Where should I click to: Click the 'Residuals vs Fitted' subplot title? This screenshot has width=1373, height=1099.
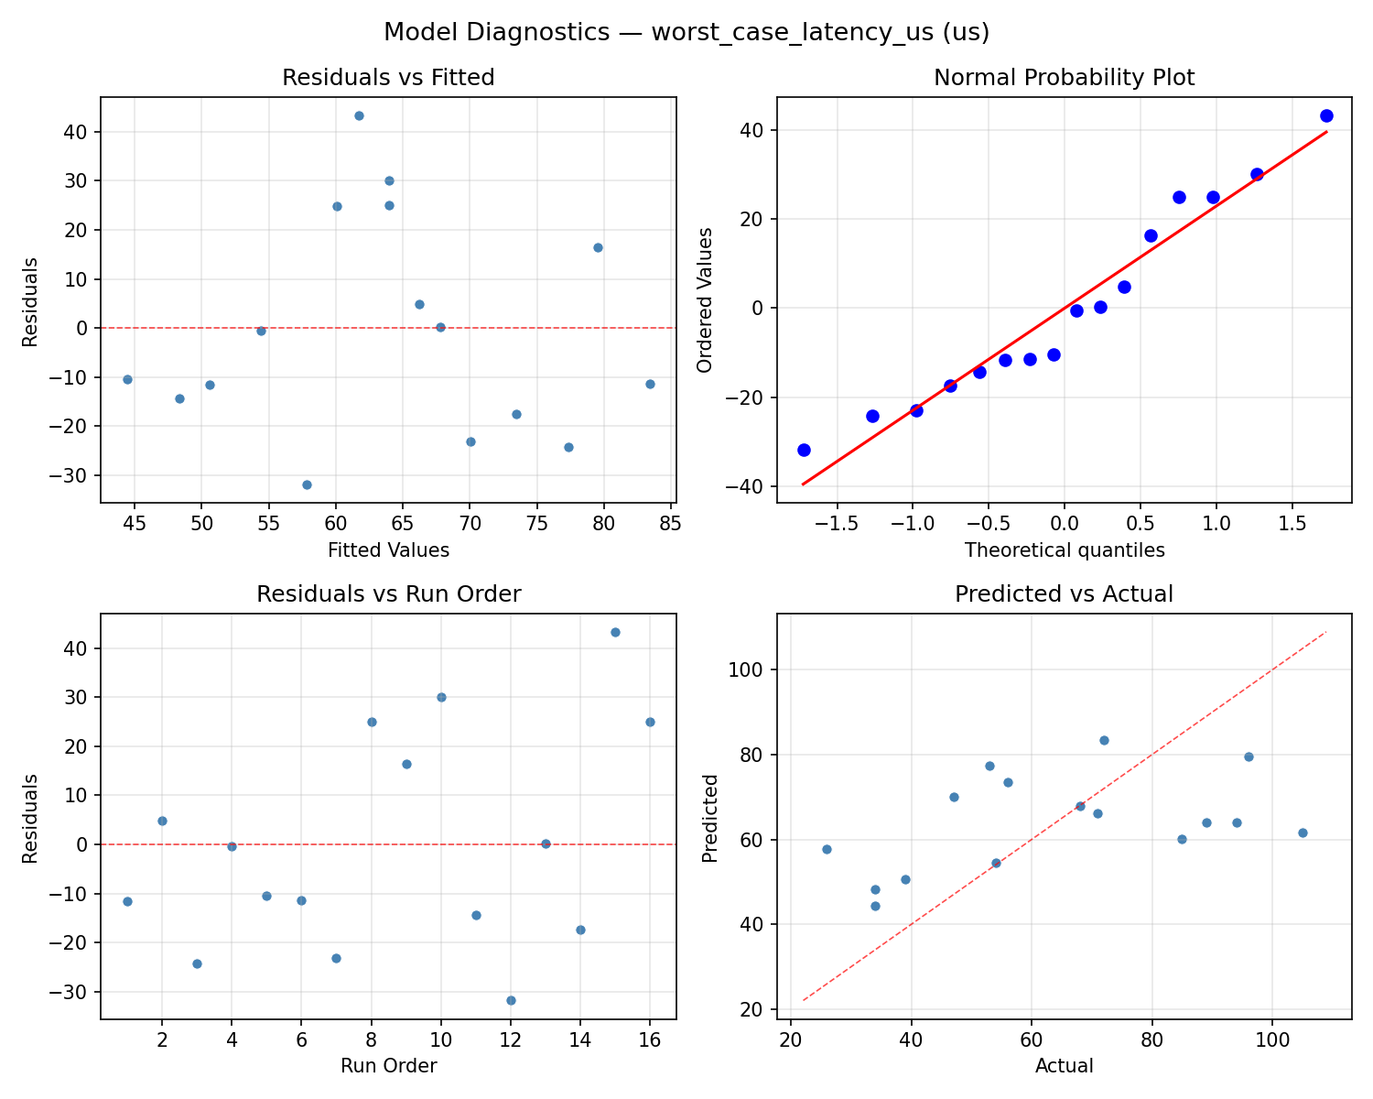(388, 78)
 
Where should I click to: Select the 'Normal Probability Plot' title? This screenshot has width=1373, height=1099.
(1064, 78)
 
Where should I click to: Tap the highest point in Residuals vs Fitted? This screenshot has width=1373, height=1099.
(359, 115)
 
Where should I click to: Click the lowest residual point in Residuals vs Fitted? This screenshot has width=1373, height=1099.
(307, 484)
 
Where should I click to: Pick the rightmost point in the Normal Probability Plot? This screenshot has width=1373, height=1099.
(1326, 115)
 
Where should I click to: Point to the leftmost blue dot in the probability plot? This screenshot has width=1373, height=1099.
(804, 450)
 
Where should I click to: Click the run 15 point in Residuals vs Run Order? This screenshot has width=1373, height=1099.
(615, 632)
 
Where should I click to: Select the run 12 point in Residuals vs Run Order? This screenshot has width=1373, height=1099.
(511, 1000)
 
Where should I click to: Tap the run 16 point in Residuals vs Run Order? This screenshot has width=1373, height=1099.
(650, 722)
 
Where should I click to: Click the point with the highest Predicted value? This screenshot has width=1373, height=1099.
(1104, 740)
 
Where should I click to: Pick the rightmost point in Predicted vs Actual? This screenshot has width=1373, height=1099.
(1303, 832)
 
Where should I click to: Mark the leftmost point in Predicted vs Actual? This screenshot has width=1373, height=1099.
(827, 849)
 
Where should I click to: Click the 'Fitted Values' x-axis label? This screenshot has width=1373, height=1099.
(388, 550)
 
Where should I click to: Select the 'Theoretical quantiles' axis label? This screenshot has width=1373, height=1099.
(1064, 550)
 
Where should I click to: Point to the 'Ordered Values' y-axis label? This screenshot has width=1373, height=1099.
(704, 299)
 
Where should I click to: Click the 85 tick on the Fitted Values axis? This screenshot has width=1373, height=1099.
(671, 523)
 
